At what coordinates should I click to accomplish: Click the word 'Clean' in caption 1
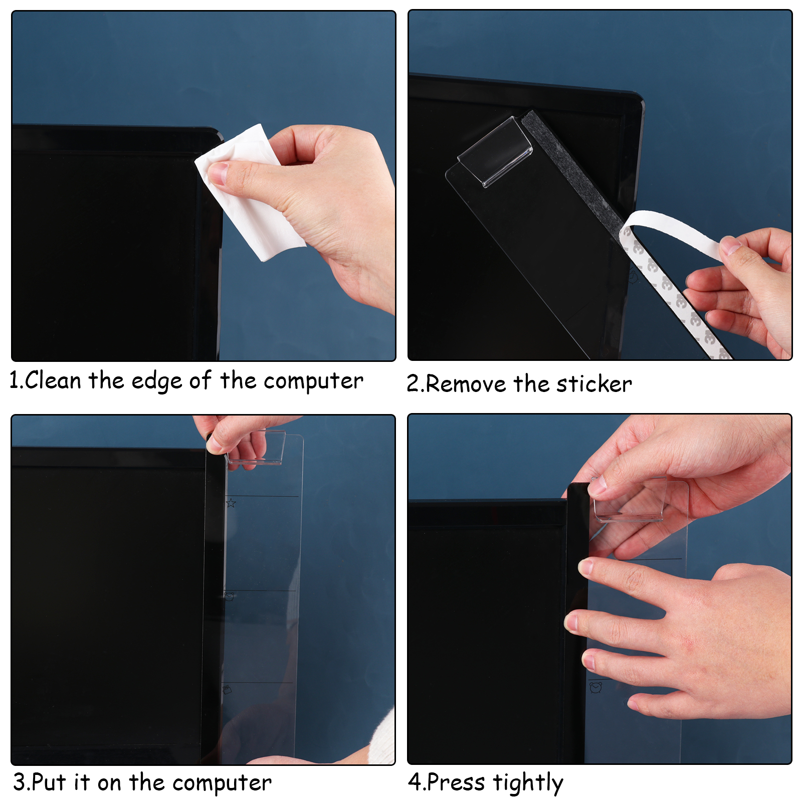tap(53, 380)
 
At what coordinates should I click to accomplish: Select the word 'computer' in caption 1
tap(313, 381)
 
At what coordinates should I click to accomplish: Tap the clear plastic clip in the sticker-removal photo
tap(495, 152)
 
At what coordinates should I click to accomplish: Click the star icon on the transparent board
tap(231, 503)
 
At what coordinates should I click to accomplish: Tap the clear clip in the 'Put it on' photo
tap(256, 448)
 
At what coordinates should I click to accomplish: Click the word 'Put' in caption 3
tap(49, 782)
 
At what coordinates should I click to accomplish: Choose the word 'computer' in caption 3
tap(222, 783)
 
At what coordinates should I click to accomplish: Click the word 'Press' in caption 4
tap(456, 782)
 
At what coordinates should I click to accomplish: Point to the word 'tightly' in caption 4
tap(528, 783)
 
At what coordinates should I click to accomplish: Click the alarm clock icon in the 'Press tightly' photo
tap(595, 688)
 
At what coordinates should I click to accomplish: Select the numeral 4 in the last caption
tap(415, 782)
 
